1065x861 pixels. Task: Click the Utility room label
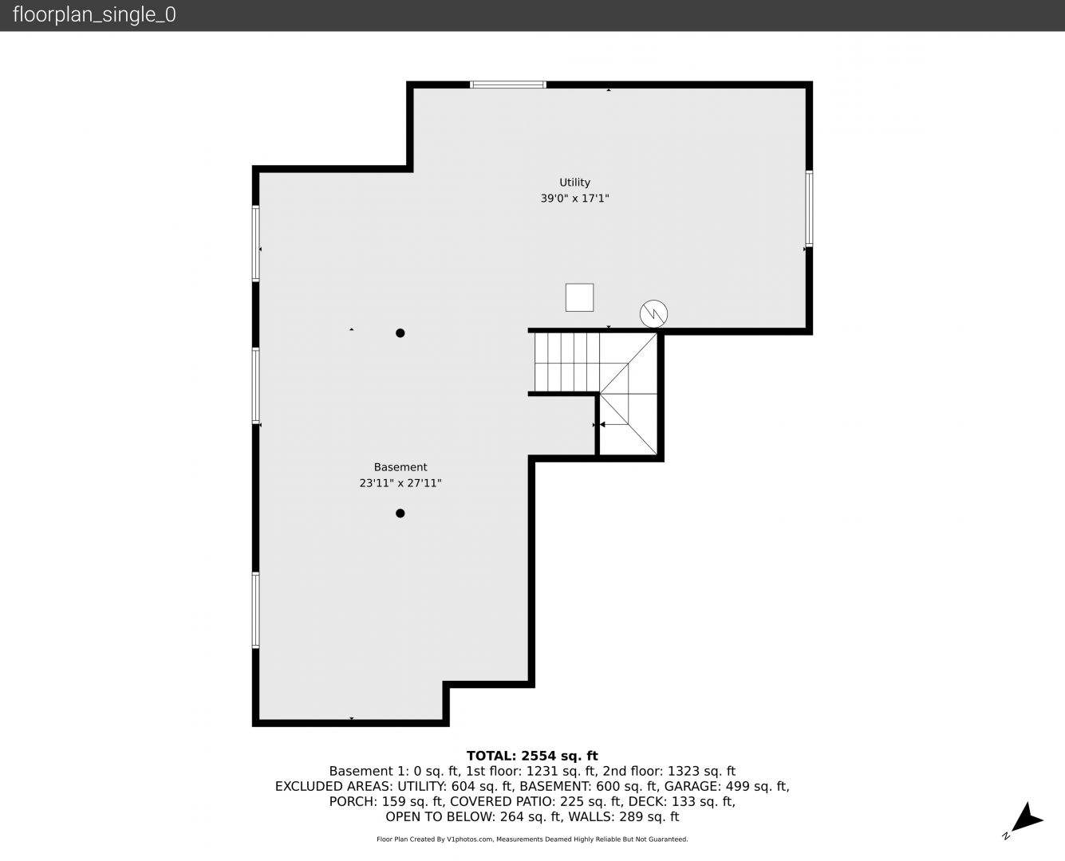pyautogui.click(x=574, y=183)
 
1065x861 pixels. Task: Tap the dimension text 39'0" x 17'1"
pyautogui.click(x=574, y=199)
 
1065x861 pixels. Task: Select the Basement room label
pyautogui.click(x=400, y=467)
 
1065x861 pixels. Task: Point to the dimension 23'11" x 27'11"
pyautogui.click(x=400, y=483)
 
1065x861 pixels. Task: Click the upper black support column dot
pyautogui.click(x=400, y=332)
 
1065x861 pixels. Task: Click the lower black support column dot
pyautogui.click(x=400, y=513)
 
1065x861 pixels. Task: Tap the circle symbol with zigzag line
pyautogui.click(x=653, y=314)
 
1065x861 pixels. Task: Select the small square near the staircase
pyautogui.click(x=579, y=297)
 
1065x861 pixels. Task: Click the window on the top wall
pyautogui.click(x=508, y=85)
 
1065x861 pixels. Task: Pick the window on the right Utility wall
pyautogui.click(x=808, y=208)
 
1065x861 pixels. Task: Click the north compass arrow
pyautogui.click(x=1027, y=820)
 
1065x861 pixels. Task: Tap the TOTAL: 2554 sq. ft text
pyautogui.click(x=532, y=756)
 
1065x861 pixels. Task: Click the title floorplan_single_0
pyautogui.click(x=94, y=15)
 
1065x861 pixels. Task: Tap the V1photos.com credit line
pyautogui.click(x=532, y=839)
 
